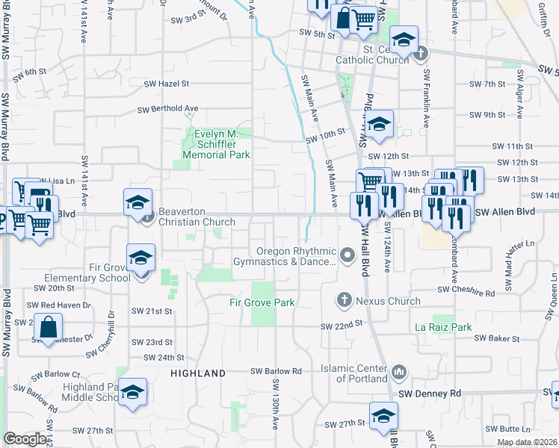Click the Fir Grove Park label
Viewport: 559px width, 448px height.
tap(262, 302)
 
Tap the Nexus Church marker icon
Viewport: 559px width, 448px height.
tap(345, 299)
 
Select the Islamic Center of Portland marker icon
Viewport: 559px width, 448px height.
tap(398, 371)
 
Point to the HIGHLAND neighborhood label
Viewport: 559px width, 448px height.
tap(198, 373)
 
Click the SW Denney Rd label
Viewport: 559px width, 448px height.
tap(430, 393)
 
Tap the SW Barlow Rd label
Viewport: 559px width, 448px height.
tap(276, 371)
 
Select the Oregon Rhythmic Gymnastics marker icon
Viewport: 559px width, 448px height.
tap(347, 256)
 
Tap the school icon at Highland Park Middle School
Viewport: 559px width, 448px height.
tap(132, 392)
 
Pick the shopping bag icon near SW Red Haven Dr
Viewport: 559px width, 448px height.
tap(48, 327)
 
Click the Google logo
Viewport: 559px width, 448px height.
tap(25, 439)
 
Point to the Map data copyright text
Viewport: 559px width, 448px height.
tap(527, 442)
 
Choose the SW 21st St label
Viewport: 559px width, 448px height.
tap(152, 311)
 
